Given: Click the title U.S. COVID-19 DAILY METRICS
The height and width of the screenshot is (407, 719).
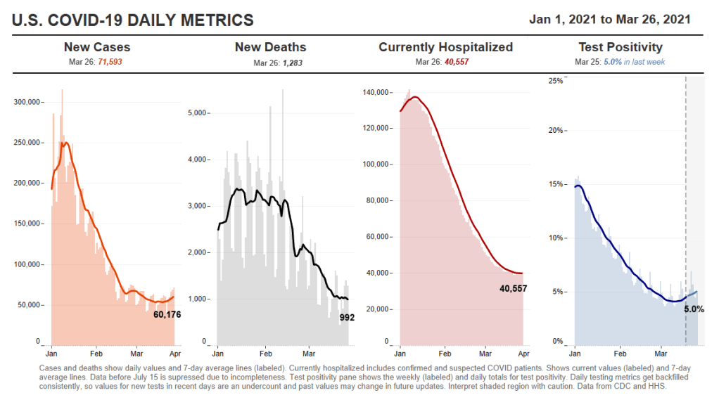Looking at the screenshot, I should point(133,20).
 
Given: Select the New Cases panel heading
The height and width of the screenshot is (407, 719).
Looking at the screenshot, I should point(97,48).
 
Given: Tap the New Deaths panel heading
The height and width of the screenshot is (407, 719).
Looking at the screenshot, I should point(270,48).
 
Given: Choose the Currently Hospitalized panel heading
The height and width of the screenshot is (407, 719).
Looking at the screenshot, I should point(445,48).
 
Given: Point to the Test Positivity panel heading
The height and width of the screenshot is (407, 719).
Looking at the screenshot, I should point(620,48).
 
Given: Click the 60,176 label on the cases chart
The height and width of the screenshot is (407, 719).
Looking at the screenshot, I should point(167,314).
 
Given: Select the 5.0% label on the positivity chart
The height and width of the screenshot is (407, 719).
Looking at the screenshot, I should point(694,309).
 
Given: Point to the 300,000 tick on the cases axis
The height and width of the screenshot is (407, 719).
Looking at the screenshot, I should point(27,102).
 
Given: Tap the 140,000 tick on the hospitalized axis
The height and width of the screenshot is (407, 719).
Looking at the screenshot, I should point(376,92).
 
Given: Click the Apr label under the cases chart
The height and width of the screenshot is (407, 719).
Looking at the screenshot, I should point(175,349).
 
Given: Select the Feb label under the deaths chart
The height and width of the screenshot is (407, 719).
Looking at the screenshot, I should point(266,349).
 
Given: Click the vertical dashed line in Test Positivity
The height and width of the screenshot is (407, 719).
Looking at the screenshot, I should point(686,211).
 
